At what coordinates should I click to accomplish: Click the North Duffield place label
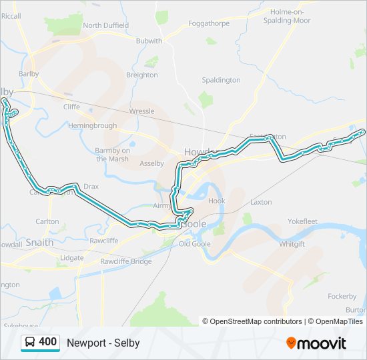point(105,25)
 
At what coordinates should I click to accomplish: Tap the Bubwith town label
point(149,41)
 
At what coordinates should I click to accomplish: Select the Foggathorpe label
point(209,23)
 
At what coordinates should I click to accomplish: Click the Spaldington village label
point(221,80)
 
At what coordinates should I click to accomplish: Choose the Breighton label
point(142,75)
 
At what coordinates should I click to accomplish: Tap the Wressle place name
point(141,111)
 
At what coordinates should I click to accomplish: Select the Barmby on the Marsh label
point(113,155)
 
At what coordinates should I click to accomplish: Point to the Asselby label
point(151,163)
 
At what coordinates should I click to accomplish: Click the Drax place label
point(91,187)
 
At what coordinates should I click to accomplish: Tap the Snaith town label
point(39,243)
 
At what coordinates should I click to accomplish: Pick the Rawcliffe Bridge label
point(126,261)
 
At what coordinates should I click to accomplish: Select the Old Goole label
point(194,243)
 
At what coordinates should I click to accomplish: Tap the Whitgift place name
point(292,244)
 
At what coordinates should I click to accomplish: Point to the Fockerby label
point(342,296)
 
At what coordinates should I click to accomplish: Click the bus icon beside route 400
point(30,343)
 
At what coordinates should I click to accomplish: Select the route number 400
point(48,342)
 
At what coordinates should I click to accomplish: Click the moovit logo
point(316,343)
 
